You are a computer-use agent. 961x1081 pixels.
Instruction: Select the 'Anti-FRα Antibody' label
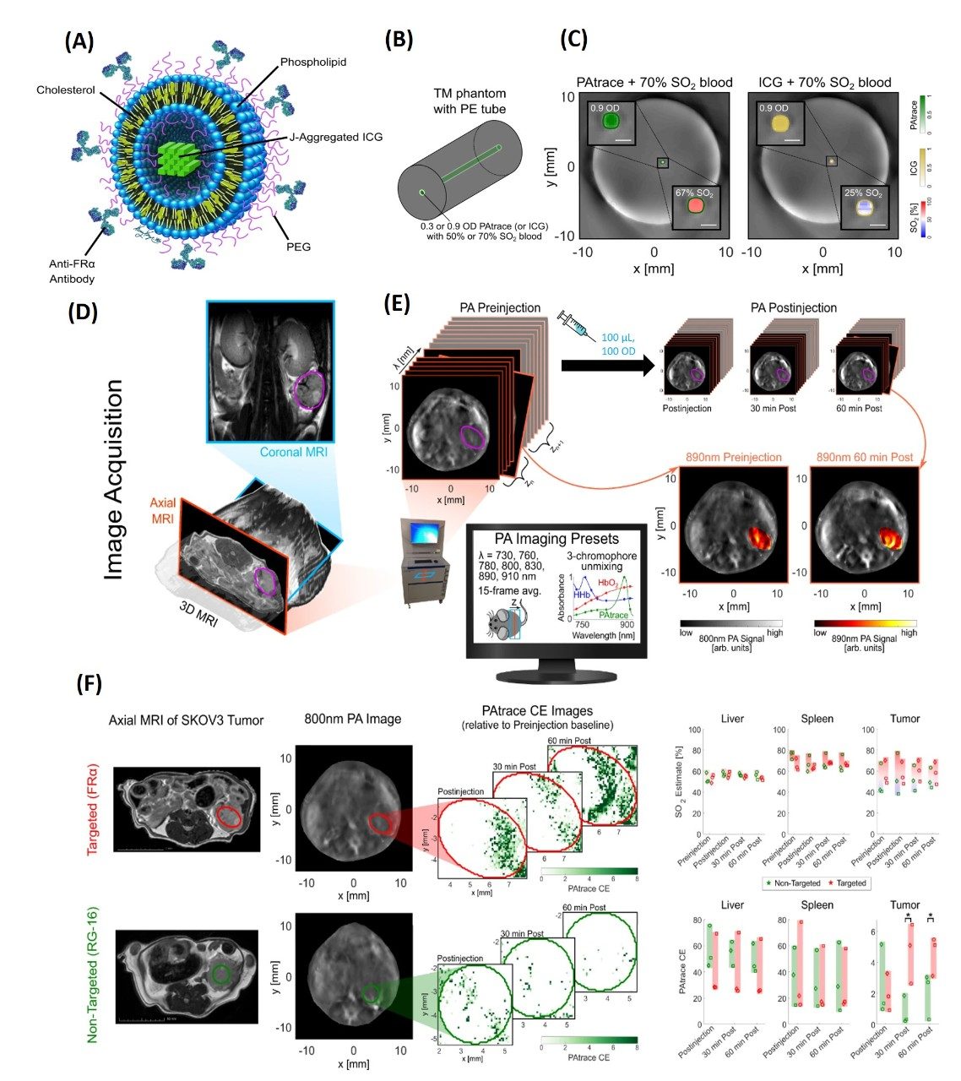tap(72, 271)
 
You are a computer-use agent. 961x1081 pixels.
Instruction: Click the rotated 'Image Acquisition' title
tap(114, 479)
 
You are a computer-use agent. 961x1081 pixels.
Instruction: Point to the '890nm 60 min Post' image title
tap(865, 457)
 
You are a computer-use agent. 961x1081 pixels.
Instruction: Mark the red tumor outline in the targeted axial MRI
tap(228, 818)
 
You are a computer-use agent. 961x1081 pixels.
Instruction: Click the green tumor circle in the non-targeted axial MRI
tap(220, 974)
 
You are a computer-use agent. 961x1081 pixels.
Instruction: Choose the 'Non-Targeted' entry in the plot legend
tap(793, 883)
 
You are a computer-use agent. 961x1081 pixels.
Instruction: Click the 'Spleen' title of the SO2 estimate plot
tap(817, 719)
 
